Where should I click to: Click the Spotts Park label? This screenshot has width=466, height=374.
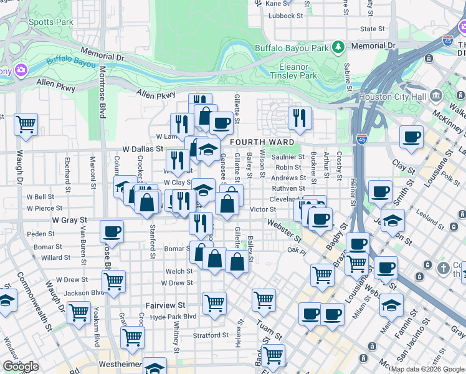(51, 22)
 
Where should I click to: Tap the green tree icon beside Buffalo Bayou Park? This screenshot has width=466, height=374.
(338, 46)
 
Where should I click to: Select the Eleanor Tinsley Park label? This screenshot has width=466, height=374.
(293, 71)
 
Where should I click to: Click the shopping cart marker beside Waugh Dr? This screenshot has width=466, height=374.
(26, 125)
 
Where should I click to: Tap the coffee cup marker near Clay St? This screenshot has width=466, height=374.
(411, 137)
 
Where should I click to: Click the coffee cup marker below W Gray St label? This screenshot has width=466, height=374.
(112, 231)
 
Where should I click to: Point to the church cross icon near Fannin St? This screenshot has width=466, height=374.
(443, 268)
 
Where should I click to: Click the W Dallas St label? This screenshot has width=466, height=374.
(143, 150)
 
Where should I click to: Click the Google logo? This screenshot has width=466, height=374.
(21, 367)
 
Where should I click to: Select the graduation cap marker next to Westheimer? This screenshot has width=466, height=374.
(155, 367)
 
